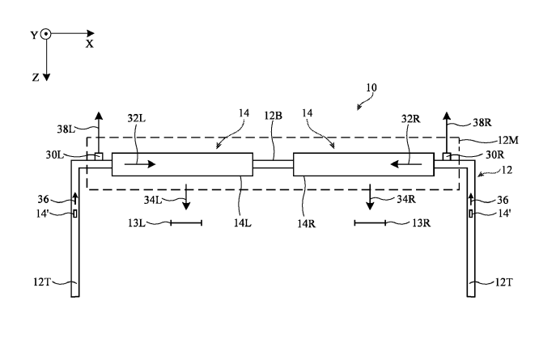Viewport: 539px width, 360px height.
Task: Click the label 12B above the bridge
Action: (x=274, y=116)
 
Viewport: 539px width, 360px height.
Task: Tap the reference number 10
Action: (x=371, y=88)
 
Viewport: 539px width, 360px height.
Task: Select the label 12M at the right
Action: (x=507, y=140)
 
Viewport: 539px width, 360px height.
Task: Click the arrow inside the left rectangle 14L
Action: (x=140, y=164)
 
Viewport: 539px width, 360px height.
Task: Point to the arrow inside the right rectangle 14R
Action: (x=406, y=164)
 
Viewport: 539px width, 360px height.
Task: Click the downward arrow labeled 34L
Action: (x=186, y=197)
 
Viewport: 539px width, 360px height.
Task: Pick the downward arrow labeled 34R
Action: (x=370, y=197)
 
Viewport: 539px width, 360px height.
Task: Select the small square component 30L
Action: (x=99, y=157)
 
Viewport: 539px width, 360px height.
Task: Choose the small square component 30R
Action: (x=447, y=157)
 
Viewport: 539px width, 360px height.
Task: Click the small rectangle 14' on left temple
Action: (x=75, y=214)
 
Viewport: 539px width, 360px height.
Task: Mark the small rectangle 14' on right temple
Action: (x=470, y=214)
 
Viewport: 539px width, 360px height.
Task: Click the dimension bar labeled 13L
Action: (x=186, y=223)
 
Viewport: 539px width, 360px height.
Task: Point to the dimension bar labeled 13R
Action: (x=370, y=223)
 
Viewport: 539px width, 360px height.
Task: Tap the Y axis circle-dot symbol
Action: (x=45, y=34)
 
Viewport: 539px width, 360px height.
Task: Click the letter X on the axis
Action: (x=90, y=44)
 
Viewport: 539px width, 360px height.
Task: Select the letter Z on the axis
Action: (x=36, y=78)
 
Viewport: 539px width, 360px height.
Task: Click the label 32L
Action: (x=137, y=118)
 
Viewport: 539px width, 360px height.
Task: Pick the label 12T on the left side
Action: (x=41, y=282)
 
